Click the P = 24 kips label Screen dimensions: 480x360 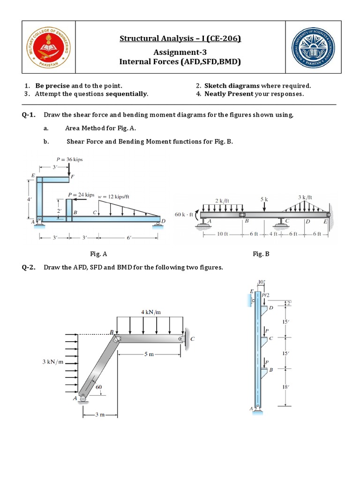(81, 194)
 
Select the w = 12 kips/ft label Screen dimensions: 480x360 (114, 196)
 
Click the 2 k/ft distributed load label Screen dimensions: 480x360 (222, 200)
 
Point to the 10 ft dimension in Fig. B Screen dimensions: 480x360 (223, 234)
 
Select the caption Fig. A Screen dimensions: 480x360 (99, 254)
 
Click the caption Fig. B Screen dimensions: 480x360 (261, 254)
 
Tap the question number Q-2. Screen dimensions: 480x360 (29, 268)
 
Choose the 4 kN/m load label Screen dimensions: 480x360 (150, 312)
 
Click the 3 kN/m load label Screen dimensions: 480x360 (52, 362)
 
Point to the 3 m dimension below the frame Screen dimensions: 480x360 (100, 415)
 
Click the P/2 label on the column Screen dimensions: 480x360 (266, 295)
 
